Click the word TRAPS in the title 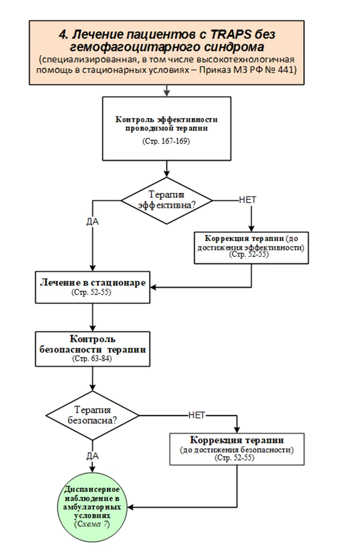click(x=230, y=34)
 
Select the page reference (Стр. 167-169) click(x=166, y=141)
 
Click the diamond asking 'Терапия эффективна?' click(x=167, y=200)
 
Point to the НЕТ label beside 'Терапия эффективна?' click(x=248, y=200)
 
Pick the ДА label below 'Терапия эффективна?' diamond click(x=93, y=221)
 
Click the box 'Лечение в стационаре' click(x=93, y=287)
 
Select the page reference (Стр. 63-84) click(x=92, y=358)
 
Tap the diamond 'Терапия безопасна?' click(x=93, y=416)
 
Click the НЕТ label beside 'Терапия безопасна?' click(x=197, y=415)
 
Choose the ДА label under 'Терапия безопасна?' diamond click(x=93, y=456)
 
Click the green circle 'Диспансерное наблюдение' click(x=93, y=507)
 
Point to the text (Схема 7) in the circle click(x=92, y=524)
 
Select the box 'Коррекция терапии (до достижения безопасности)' click(x=237, y=449)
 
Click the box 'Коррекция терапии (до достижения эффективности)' click(x=251, y=248)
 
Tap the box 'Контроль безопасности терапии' click(x=93, y=349)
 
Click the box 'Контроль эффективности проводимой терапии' click(x=167, y=129)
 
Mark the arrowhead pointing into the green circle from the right click(x=130, y=507)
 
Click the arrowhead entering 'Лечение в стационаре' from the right click(x=153, y=287)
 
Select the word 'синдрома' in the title click(x=234, y=47)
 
